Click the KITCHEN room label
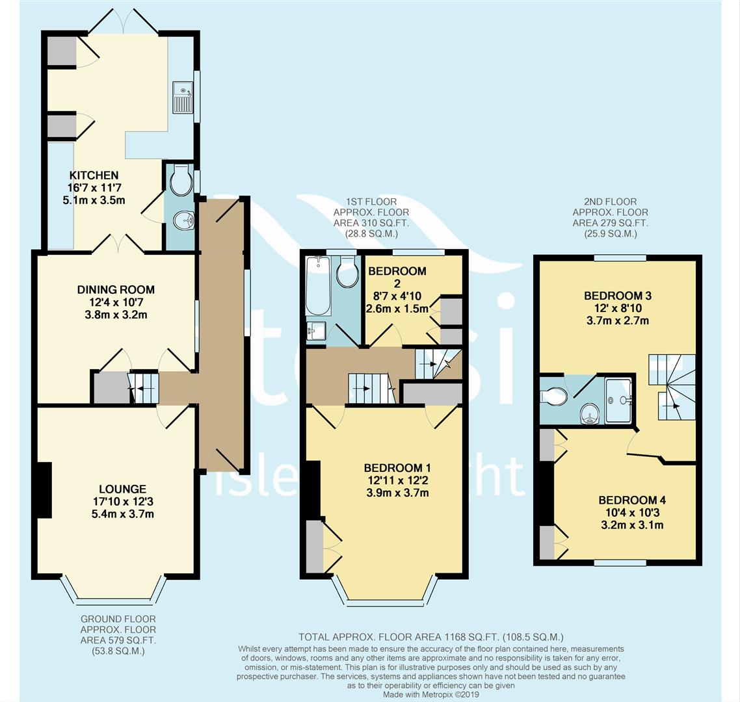(x=94, y=175)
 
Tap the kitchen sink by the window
(x=183, y=97)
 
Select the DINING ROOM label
(x=116, y=289)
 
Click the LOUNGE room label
(x=122, y=489)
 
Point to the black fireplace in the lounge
(x=44, y=489)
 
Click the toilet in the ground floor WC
(x=179, y=179)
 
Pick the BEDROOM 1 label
(x=397, y=468)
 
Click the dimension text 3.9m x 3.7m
(x=397, y=493)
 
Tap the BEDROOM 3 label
(x=617, y=296)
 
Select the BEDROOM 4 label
(x=632, y=500)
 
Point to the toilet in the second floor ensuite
(x=553, y=395)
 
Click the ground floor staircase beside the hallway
(x=144, y=387)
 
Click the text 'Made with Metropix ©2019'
(x=432, y=694)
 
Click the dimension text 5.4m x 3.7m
(x=123, y=513)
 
